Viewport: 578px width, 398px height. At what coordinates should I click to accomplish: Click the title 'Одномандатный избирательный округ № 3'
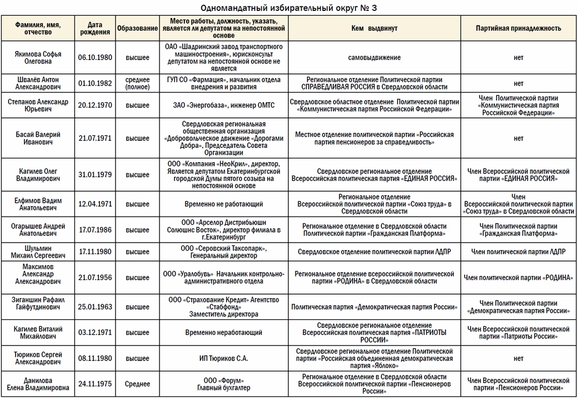point(288,8)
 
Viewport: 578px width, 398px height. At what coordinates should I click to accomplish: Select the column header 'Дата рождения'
point(95,28)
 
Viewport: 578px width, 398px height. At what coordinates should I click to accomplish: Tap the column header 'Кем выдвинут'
point(374,28)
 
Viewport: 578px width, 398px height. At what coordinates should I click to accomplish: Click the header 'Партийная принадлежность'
point(518,28)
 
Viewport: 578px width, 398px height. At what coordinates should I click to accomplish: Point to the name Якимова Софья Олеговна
point(38,57)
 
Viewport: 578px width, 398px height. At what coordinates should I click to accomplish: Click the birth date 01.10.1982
point(95,83)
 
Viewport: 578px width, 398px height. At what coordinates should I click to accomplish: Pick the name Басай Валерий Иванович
point(38,138)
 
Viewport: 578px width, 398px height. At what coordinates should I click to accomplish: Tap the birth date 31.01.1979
point(95,174)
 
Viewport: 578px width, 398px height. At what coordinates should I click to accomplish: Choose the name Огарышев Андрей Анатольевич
point(38,230)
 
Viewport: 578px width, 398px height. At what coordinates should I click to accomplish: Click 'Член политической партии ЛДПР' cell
point(518,252)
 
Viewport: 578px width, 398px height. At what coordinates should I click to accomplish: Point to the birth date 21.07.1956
point(95,278)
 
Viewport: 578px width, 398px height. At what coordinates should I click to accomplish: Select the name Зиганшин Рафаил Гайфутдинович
point(38,306)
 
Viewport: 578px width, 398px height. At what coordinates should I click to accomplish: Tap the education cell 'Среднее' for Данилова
point(138,384)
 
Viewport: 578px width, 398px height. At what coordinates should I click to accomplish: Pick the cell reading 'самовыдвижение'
point(374,57)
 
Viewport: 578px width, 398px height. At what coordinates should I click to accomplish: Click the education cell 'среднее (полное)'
point(138,83)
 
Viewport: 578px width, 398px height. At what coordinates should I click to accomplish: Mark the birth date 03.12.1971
point(95,333)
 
